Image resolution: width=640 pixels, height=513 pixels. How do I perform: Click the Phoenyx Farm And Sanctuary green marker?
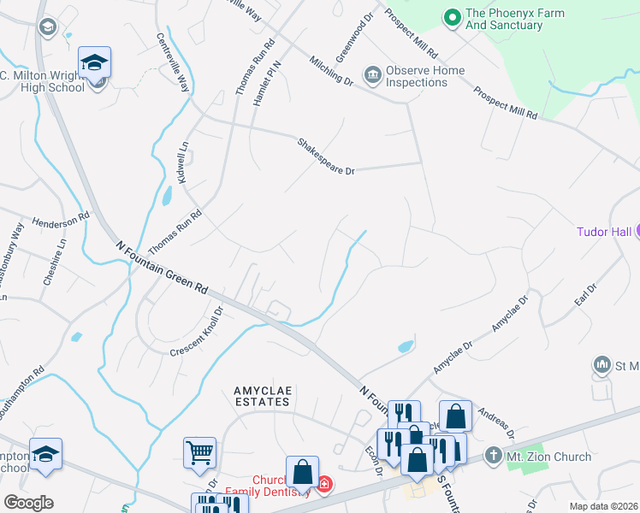tap(452, 16)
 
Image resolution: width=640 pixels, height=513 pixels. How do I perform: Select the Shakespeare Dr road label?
tap(326, 156)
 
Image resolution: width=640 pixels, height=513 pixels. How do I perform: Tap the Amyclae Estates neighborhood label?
tap(264, 396)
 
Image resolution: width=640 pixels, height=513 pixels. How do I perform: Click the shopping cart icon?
tap(199, 451)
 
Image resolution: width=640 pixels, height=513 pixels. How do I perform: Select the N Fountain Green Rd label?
tap(163, 266)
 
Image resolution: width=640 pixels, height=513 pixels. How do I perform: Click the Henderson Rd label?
tap(61, 221)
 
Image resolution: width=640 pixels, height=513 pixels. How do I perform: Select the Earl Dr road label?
tap(585, 300)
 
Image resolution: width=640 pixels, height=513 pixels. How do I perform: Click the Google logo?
tap(29, 503)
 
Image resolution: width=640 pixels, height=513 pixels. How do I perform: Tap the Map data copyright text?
tap(603, 506)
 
